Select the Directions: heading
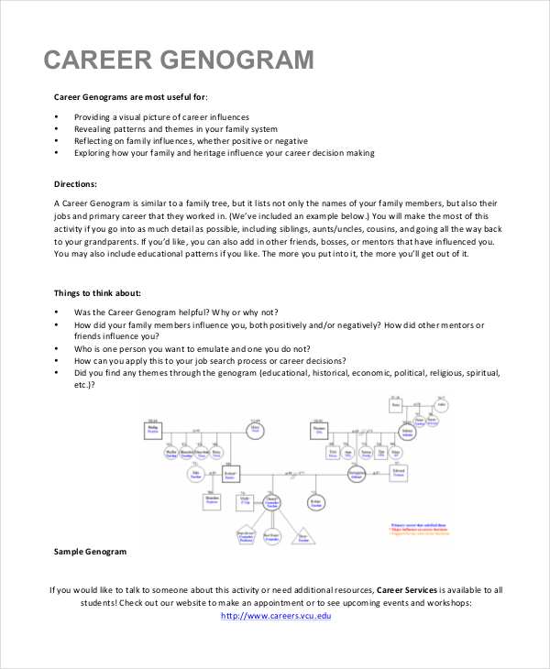pos(75,183)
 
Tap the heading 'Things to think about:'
pos(97,293)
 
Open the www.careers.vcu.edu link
pos(276,615)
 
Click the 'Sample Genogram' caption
pos(90,553)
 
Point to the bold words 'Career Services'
pos(406,589)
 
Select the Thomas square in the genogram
pos(319,430)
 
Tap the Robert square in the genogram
pos(230,475)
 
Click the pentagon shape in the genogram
pos(246,537)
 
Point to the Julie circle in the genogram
pos(194,475)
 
